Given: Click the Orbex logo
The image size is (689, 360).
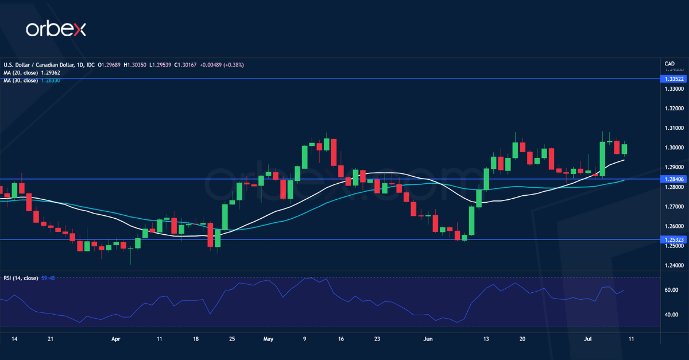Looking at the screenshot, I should (56, 29).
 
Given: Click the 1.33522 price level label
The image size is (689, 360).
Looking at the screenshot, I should (674, 79).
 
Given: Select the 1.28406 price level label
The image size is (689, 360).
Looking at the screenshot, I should (674, 179).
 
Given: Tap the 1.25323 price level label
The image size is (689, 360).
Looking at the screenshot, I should (674, 239).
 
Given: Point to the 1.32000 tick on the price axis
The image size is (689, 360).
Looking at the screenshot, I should (673, 108).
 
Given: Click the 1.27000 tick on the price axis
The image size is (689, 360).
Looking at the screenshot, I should (673, 206).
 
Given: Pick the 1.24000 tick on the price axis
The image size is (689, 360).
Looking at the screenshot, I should (673, 265).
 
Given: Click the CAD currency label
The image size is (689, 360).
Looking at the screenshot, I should (669, 64).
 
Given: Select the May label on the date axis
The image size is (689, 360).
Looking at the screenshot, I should (269, 339).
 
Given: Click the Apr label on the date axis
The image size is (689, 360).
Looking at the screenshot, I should (115, 339).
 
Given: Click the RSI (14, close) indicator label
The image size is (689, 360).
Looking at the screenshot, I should (21, 278).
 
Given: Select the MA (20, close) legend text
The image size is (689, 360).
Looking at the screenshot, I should (21, 73).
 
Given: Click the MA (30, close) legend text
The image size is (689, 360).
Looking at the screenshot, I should (21, 80).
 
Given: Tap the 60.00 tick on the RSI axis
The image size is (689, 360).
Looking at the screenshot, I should (671, 290).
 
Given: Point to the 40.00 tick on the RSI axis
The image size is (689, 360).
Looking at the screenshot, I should (671, 315).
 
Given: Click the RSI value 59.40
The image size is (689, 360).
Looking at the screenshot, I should (48, 278).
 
